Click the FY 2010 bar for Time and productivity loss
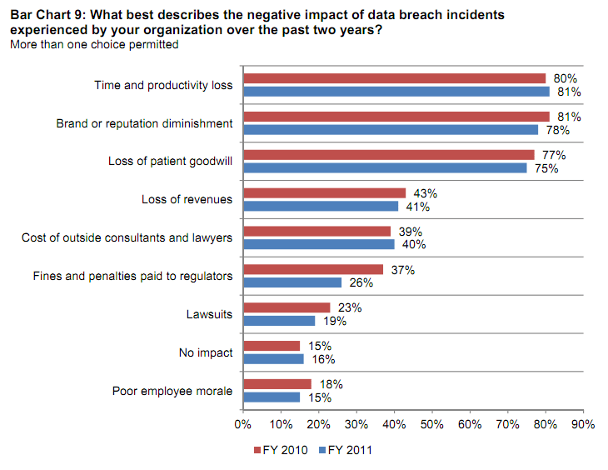(394, 78)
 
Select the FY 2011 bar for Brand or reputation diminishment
(391, 130)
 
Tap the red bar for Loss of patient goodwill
(388, 155)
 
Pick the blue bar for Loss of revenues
(321, 206)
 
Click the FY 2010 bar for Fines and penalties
(313, 270)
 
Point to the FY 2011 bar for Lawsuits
(279, 321)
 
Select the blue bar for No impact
(273, 359)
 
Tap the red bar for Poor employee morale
(277, 384)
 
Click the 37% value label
(403, 270)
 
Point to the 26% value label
(361, 282)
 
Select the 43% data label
(426, 193)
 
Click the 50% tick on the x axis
(432, 424)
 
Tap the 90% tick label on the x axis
(583, 424)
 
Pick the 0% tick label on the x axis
(243, 424)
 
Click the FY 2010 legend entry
(281, 451)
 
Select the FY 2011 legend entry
(344, 451)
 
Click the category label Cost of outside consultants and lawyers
(127, 237)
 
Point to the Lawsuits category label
(209, 314)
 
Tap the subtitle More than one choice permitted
(93, 44)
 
